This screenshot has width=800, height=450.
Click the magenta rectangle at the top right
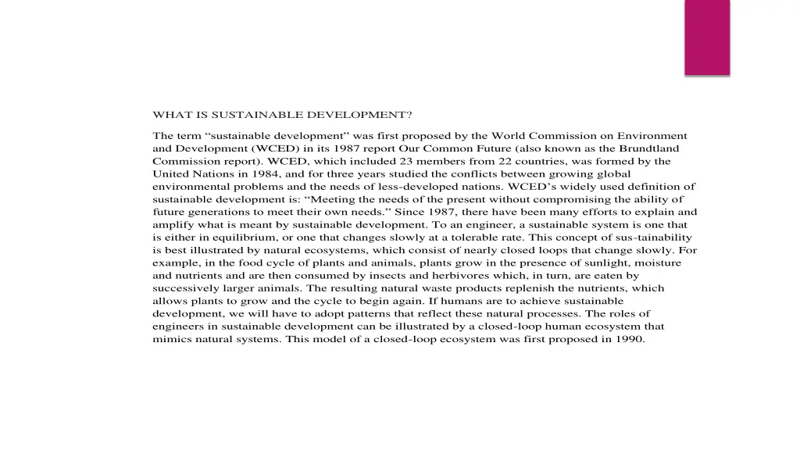tap(707, 37)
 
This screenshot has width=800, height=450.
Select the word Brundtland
tap(649, 148)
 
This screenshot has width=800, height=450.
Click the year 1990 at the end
tap(629, 339)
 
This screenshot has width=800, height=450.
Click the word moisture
tap(655, 263)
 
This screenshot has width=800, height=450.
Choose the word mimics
tap(171, 339)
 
